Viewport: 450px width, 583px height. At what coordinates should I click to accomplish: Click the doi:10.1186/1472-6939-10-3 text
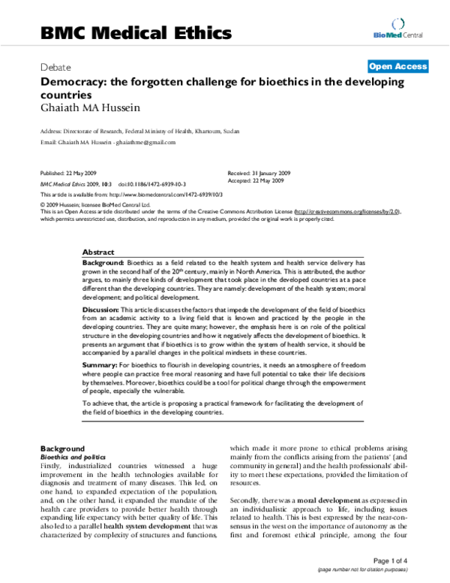145,183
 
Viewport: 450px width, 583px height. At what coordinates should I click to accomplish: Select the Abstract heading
97,252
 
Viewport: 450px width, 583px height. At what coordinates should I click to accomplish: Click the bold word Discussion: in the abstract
100,309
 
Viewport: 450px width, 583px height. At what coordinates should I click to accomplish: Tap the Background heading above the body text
62,448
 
